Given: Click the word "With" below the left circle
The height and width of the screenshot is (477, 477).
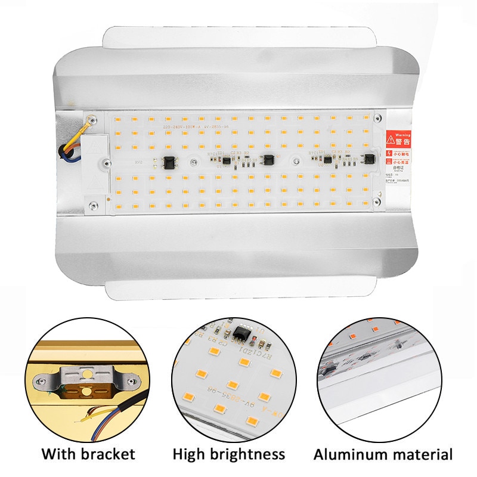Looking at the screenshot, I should pos(58,454).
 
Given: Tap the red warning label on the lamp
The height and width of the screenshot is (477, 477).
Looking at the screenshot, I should pos(398,140).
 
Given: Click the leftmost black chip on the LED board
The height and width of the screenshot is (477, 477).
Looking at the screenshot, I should pos(168,162).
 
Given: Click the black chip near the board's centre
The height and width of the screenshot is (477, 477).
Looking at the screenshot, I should pos(270,160).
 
